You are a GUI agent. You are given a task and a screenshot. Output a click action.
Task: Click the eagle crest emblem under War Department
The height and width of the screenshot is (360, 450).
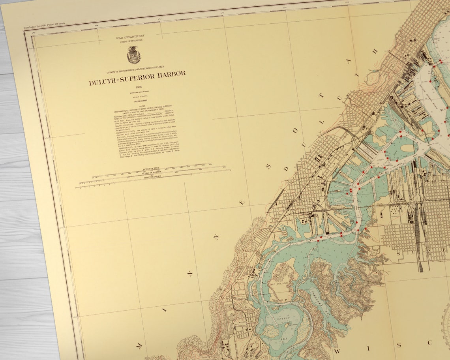pos(133,55)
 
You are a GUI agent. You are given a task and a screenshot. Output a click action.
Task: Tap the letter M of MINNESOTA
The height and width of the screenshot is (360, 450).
pos(139,346)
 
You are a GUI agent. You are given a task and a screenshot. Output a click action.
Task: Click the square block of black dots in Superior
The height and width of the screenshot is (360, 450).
pos(395,210)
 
